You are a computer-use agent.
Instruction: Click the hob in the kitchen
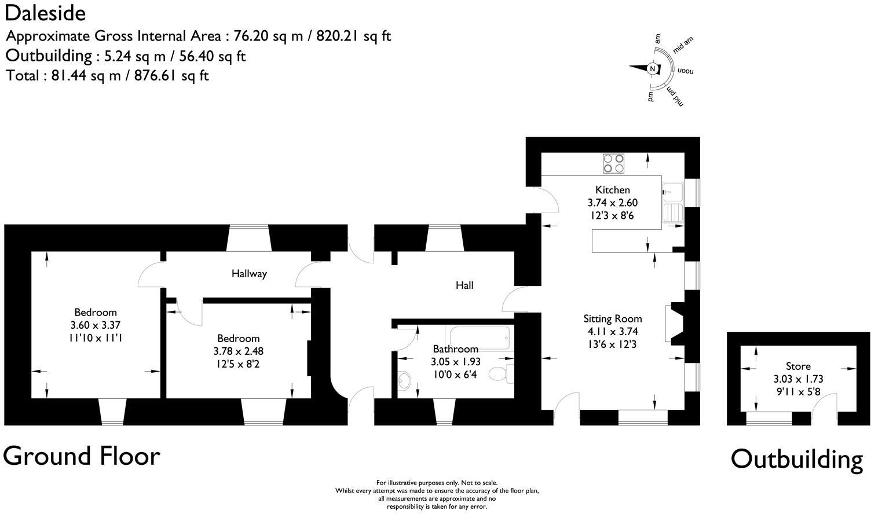(614, 163)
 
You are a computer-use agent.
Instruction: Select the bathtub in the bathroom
(478, 337)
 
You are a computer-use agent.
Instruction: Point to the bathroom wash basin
(405, 380)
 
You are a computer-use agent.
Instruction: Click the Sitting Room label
(612, 318)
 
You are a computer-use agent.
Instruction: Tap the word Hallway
(249, 273)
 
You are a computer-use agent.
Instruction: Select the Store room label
(798, 366)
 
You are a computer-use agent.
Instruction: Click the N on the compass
(653, 69)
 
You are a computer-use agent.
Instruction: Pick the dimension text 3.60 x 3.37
(96, 325)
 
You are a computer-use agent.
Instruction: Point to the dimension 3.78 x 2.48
(239, 351)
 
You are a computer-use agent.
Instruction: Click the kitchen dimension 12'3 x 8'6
(613, 216)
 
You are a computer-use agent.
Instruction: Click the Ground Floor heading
(82, 456)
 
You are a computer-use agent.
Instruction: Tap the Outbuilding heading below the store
(796, 459)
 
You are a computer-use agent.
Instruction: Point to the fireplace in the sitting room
(677, 324)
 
